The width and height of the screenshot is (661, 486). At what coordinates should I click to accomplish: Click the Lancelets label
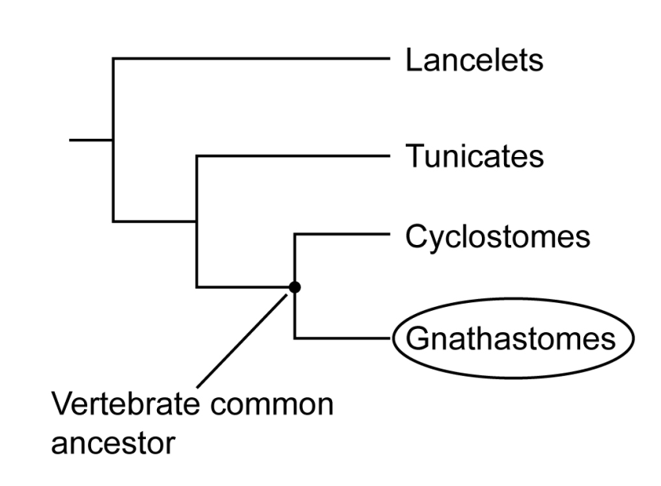coord(474,61)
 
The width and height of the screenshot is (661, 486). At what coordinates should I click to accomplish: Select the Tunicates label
coord(474,156)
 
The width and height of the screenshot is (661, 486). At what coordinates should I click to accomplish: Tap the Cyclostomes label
coord(497,236)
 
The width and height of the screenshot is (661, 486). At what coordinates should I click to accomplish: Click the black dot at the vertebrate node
coord(295,287)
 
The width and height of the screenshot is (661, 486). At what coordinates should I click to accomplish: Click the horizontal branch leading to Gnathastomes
coord(341,339)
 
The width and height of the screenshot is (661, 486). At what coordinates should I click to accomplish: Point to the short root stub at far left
coord(91,140)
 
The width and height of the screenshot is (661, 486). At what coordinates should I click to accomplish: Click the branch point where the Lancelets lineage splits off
coord(113,140)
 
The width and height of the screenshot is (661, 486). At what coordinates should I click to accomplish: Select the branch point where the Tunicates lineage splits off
coord(197,220)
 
